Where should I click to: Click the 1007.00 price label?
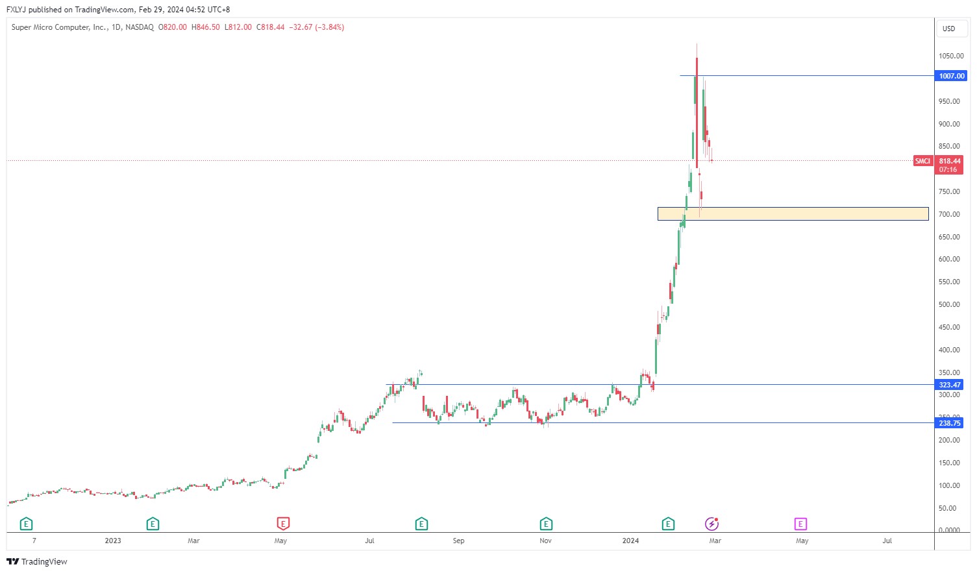[x=952, y=76]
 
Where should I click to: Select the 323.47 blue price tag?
[x=950, y=385]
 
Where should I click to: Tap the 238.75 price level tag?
[x=950, y=423]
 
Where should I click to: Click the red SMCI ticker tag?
[x=922, y=161]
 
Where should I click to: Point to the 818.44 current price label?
[x=950, y=161]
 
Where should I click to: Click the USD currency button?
[x=949, y=29]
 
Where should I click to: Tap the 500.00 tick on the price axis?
[x=949, y=304]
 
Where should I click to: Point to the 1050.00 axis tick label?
[x=950, y=56]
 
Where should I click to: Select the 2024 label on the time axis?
[x=630, y=541]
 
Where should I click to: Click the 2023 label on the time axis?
[x=113, y=541]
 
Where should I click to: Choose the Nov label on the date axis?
[x=545, y=541]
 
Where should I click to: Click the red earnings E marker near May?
[x=283, y=524]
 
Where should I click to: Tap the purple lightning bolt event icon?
[x=712, y=524]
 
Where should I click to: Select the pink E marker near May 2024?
[x=800, y=524]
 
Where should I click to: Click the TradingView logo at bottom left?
[x=37, y=561]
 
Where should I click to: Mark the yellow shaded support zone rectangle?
[x=793, y=213]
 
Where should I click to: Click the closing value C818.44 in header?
[x=270, y=27]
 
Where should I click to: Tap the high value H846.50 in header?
[x=205, y=27]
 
